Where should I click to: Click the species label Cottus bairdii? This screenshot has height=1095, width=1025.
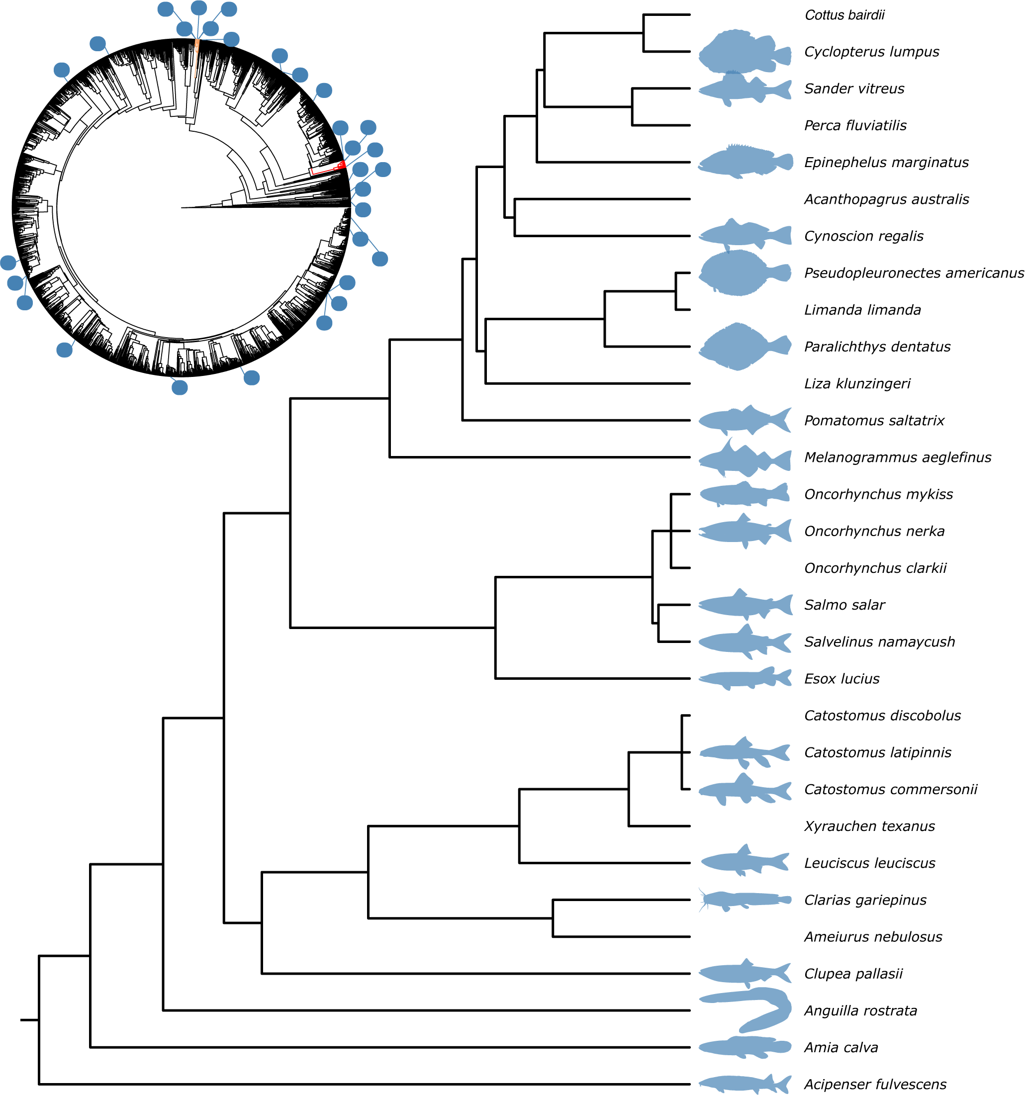pos(844,15)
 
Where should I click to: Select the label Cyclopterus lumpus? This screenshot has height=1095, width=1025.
pos(871,52)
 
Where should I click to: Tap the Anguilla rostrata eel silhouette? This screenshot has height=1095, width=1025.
pos(745,1010)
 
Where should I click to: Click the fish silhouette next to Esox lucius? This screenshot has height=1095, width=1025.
pos(745,678)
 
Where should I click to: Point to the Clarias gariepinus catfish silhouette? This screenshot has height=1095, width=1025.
pos(745,900)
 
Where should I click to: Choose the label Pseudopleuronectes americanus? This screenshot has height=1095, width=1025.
pos(914,273)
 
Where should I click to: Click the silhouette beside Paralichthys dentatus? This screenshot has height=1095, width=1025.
pos(745,347)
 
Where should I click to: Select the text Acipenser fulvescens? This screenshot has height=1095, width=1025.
pos(875,1085)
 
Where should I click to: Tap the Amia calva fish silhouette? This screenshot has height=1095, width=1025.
pos(745,1047)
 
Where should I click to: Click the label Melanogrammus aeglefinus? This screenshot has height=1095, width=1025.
pos(897,457)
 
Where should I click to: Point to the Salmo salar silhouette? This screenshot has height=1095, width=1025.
pos(745,604)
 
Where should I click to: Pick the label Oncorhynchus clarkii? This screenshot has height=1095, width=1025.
pos(875,568)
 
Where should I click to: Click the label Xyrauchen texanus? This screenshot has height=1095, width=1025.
pos(869,826)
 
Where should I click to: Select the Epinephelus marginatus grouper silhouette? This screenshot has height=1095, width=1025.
pos(745,162)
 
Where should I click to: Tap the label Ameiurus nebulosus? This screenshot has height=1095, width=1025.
pos(873,937)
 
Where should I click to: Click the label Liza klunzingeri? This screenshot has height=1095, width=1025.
pos(857,383)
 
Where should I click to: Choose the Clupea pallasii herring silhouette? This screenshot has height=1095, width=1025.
pos(745,973)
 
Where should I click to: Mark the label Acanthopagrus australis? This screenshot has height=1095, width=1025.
pos(886,199)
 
